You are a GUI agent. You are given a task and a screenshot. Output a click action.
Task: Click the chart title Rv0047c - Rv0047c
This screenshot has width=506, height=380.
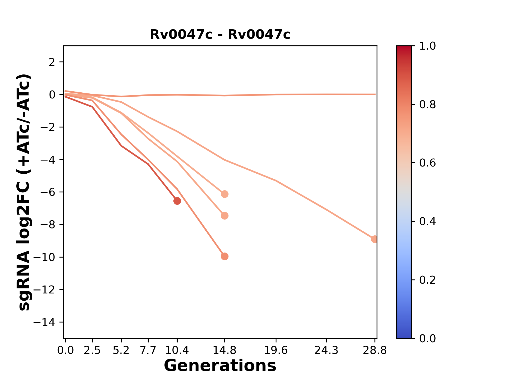[x=220, y=35]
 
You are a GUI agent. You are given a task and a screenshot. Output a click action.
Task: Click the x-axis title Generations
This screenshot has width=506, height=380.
[x=220, y=366]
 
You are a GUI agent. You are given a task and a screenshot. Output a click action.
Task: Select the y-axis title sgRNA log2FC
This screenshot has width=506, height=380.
[x=25, y=192]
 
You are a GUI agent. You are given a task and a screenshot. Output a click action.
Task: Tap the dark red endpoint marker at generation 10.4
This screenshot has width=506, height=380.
[x=177, y=201]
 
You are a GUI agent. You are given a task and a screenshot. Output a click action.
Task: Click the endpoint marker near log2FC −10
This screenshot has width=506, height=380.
[x=225, y=256]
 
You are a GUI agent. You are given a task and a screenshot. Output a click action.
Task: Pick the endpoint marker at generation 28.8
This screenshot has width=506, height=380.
[x=374, y=239]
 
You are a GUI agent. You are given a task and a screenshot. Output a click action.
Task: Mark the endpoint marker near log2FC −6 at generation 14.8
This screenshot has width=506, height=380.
[x=225, y=194]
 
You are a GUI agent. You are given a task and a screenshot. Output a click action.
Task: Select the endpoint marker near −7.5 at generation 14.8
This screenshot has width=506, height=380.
[x=225, y=216]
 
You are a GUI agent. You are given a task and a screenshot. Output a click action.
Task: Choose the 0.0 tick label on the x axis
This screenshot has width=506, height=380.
[x=65, y=350]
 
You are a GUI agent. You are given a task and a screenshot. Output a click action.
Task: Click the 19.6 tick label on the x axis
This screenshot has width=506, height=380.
[x=276, y=350]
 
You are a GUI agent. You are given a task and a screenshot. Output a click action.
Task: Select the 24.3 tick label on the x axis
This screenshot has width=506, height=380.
[x=327, y=350]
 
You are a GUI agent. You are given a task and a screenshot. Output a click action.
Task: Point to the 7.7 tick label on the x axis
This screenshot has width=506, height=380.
[x=148, y=350]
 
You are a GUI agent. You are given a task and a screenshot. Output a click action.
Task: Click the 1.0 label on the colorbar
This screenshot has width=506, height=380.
[x=427, y=46]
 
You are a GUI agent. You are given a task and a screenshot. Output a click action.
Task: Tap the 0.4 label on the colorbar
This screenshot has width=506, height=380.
[x=427, y=221]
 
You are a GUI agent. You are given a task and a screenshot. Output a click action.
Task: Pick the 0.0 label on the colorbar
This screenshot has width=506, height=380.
[x=427, y=338]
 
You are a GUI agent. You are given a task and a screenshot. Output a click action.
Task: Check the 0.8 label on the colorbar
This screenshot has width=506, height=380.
[x=427, y=105]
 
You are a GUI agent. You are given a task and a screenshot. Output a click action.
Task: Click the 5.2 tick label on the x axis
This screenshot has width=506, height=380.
[x=121, y=350]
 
